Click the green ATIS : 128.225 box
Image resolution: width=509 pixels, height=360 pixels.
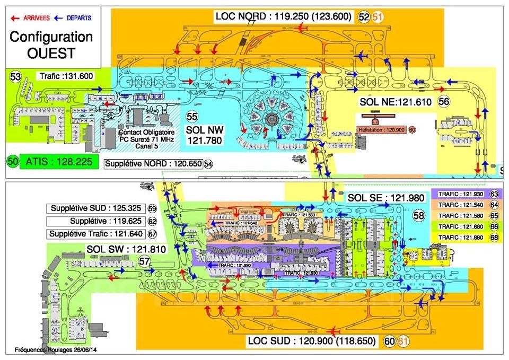point(59,161)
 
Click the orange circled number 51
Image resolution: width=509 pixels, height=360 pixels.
point(378,16)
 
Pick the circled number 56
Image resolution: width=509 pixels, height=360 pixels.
point(444,101)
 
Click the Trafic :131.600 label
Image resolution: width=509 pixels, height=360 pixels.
point(67,76)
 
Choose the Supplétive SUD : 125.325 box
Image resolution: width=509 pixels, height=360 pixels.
point(96,208)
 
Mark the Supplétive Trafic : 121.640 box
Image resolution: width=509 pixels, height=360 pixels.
point(96,234)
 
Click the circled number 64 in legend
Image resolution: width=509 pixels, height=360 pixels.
point(494,205)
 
